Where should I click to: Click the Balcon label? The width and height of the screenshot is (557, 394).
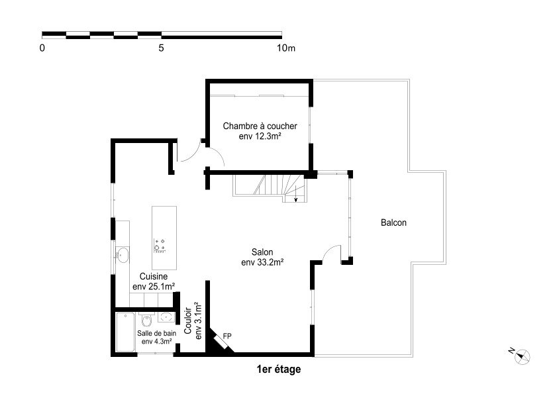tap(393, 222)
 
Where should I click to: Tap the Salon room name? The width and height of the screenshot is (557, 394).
tap(262, 252)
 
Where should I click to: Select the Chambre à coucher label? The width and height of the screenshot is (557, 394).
tap(260, 126)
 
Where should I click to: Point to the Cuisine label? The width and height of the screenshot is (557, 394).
tap(154, 276)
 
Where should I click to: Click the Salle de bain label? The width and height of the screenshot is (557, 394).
tap(157, 333)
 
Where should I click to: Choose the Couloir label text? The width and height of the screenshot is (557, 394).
tap(188, 320)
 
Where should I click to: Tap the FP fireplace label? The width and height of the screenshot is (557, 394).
tap(227, 336)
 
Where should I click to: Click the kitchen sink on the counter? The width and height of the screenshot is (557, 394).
tap(123, 256)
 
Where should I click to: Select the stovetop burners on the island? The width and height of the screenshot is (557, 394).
tap(160, 246)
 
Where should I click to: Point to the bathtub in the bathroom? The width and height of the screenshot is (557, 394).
tap(125, 332)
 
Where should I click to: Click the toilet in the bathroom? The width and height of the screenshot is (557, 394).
tap(146, 320)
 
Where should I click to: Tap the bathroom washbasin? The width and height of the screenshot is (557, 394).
tap(165, 317)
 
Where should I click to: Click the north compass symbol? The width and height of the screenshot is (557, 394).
tap(521, 356)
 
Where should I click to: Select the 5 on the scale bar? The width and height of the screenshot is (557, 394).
tap(162, 48)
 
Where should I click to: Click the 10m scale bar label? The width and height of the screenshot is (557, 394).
tap(286, 48)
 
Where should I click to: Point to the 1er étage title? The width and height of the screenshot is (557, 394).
tap(279, 369)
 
